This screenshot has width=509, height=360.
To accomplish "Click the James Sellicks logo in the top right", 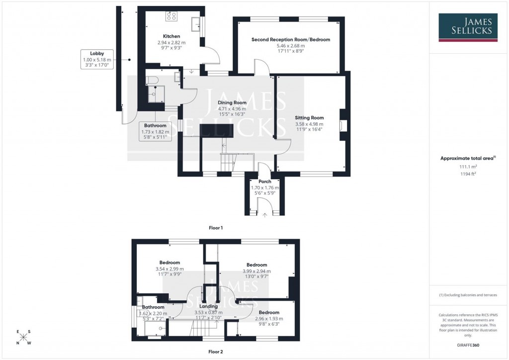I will coord(468,27).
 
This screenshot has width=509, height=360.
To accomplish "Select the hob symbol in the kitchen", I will coord(172,16).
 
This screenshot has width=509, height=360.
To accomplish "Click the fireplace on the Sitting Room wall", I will coord(340,124).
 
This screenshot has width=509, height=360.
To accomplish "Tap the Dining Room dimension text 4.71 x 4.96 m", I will coord(232,109).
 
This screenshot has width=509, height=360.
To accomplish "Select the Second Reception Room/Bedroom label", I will coord(290,39).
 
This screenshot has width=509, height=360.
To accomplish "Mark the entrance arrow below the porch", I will coord(264,215).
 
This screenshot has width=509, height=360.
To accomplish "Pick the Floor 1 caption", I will coord(215,228).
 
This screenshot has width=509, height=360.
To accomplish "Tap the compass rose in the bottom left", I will coord(23,337).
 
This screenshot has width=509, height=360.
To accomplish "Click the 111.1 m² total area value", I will coord(466,168).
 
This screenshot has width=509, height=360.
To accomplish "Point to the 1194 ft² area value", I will coord(466,175).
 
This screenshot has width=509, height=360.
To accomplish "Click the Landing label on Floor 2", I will coord(209,306).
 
